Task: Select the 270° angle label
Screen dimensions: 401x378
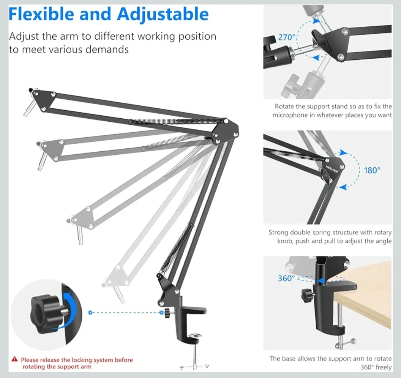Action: click(287, 37)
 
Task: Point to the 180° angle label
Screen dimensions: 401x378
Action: click(372, 170)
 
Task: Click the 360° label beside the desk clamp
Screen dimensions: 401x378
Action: click(286, 278)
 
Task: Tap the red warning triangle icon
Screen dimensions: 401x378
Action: click(15, 359)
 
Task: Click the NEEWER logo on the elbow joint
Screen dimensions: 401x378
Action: click(332, 169)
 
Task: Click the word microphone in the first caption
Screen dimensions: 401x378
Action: click(290, 115)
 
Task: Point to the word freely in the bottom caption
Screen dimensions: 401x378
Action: click(383, 368)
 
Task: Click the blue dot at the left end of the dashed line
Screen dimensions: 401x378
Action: click(90, 313)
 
